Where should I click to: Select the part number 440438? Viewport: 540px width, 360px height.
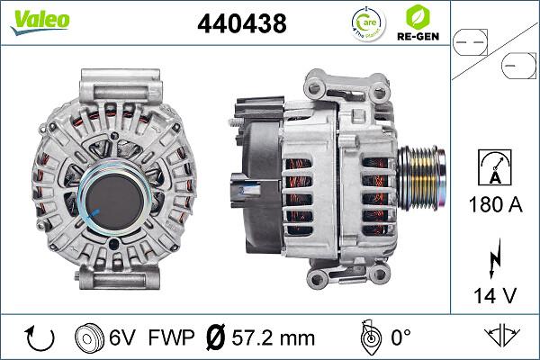click(x=241, y=24)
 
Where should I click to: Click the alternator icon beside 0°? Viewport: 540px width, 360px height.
click(x=367, y=337)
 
